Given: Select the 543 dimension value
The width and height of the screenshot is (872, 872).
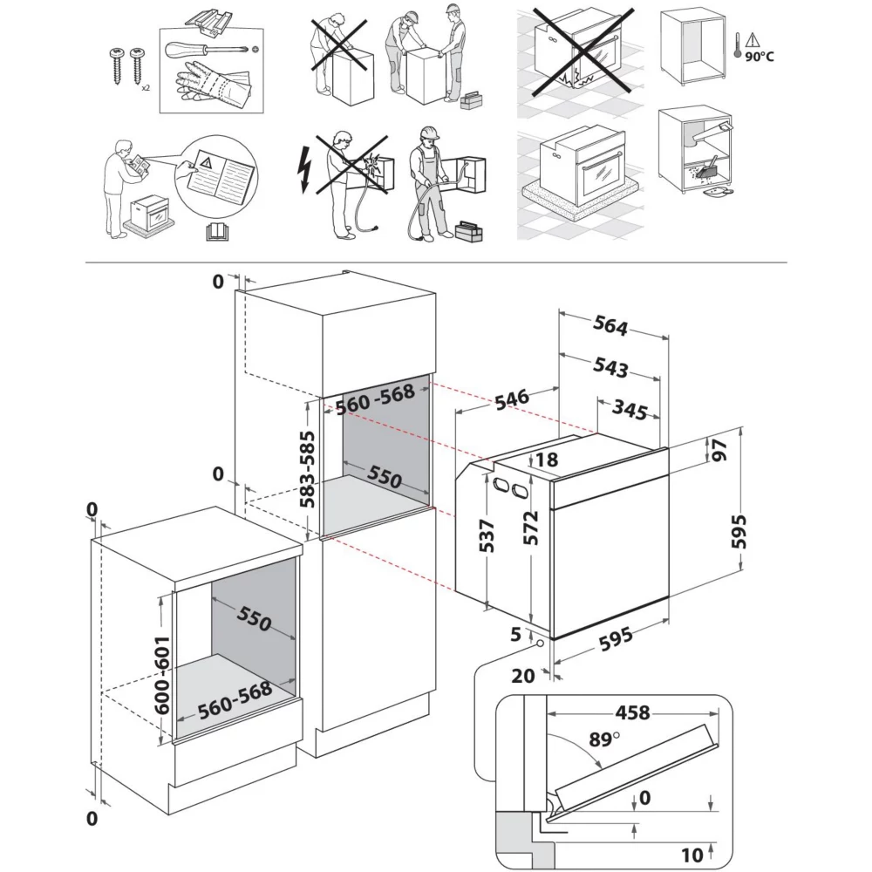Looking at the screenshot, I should tap(610, 368).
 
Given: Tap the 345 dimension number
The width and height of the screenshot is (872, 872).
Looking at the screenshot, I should tap(630, 409).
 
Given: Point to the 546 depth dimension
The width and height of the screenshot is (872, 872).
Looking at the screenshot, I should tap(511, 398).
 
